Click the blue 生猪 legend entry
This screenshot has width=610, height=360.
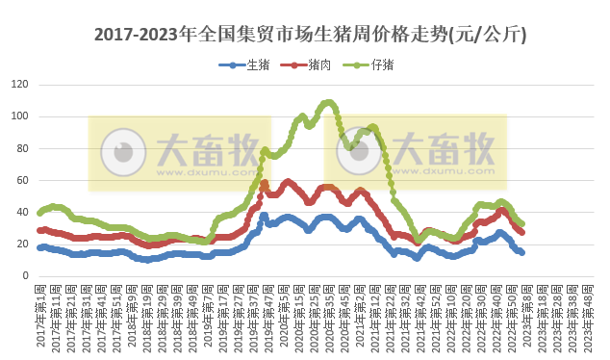[x=247, y=65]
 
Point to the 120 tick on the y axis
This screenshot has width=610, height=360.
[x=18, y=85]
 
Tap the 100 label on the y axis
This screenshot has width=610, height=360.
[x=18, y=116]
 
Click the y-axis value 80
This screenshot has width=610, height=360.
[x=21, y=148]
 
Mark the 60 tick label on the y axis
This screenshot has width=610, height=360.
[x=21, y=180]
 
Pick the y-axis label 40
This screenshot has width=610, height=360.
[x=21, y=212]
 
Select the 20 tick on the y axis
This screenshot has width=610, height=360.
[x=21, y=244]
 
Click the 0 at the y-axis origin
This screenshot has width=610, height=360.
[x=24, y=275]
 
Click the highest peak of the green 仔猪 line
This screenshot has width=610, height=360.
[x=329, y=101]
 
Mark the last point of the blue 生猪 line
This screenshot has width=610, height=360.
[x=521, y=252]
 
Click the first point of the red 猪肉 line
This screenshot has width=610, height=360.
[x=39, y=230]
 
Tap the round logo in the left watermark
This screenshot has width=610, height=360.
[x=122, y=152]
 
